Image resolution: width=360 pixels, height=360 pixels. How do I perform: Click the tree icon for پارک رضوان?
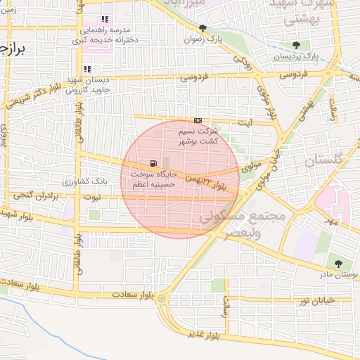203,29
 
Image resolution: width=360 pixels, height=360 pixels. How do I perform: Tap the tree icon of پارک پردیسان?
295,44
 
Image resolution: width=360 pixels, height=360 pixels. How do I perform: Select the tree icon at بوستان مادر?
339,264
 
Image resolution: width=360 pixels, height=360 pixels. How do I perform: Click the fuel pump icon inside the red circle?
153,163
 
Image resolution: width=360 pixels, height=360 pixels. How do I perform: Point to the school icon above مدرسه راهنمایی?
105,20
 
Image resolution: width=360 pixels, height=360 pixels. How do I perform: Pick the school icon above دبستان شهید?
87,70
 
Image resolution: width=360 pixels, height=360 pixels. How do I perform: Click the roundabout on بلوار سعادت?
162,299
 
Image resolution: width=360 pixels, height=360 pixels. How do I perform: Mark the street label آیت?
245,122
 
